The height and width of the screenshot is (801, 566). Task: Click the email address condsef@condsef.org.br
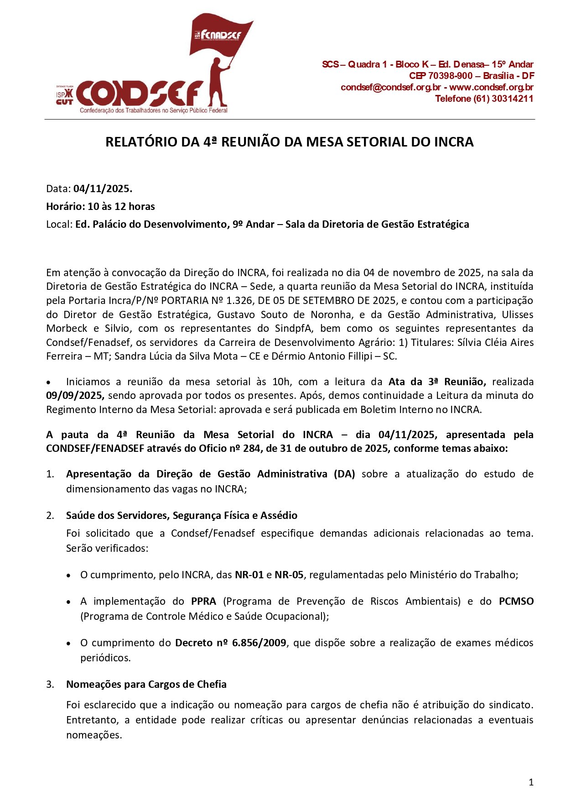click(x=391, y=87)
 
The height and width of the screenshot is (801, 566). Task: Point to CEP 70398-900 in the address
click(x=441, y=76)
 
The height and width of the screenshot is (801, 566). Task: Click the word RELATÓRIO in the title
click(x=141, y=142)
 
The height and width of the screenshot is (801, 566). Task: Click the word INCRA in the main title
click(x=453, y=142)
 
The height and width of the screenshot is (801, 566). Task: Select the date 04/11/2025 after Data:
click(x=103, y=188)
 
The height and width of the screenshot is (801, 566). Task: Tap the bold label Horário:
click(x=65, y=206)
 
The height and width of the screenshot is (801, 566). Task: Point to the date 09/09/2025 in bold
click(x=75, y=395)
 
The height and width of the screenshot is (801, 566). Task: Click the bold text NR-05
click(x=289, y=575)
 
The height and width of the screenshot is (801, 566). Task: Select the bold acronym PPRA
click(x=203, y=601)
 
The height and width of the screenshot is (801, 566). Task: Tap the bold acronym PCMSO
click(x=516, y=601)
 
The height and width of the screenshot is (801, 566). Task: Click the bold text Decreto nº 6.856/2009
click(x=231, y=643)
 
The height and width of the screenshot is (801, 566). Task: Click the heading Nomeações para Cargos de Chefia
click(x=146, y=684)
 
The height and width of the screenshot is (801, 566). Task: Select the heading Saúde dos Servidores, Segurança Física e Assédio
click(x=182, y=515)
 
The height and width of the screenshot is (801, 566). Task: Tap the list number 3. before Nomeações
click(x=50, y=684)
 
